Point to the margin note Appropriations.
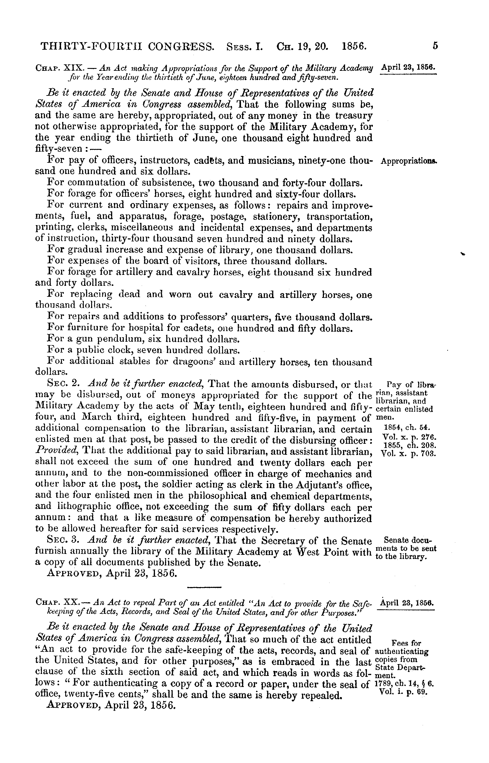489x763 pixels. pyautogui.click(x=409, y=161)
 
